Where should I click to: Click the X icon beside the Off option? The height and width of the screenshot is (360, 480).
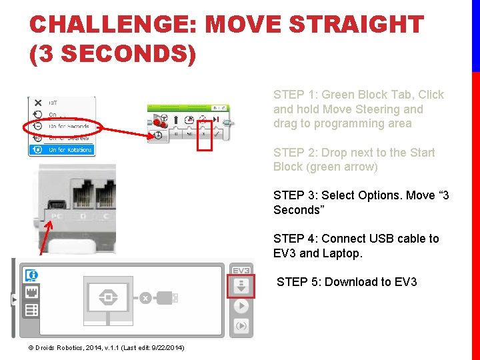click(x=38, y=103)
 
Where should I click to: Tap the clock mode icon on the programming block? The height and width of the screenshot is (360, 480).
click(x=159, y=135)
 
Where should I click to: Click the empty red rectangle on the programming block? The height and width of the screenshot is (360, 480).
click(x=205, y=136)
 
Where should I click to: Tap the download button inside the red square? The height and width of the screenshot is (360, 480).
click(x=241, y=287)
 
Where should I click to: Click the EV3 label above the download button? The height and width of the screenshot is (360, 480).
click(x=241, y=271)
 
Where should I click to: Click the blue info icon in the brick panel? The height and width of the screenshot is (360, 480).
click(x=31, y=275)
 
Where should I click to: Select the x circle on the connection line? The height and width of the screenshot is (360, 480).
click(x=145, y=298)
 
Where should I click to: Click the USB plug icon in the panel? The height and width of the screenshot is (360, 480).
click(x=167, y=298)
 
